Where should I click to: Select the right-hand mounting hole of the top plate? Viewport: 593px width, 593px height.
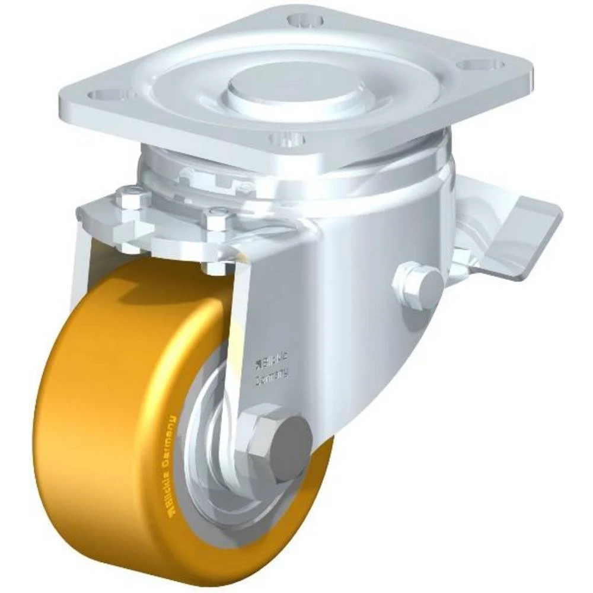tap(485, 64)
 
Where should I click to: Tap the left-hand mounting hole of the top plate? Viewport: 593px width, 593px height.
tap(101, 94)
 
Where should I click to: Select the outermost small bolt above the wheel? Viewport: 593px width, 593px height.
tap(133, 196)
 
